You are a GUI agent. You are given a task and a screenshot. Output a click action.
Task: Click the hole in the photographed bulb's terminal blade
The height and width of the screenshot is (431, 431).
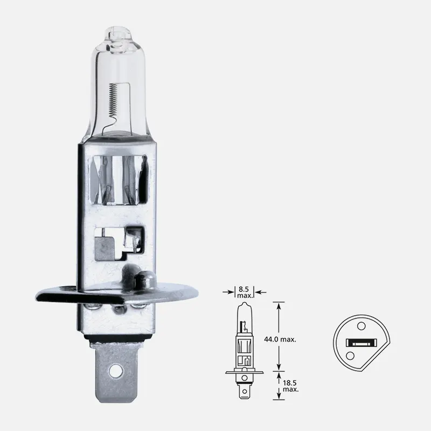tap(116, 371)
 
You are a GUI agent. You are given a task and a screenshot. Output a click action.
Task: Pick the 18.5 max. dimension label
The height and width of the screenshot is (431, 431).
tap(290, 385)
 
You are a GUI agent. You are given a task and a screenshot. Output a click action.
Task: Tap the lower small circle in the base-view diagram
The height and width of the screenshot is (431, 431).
tap(350, 356)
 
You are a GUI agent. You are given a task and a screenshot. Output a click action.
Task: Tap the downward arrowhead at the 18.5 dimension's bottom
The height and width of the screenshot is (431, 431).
tap(279, 397)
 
